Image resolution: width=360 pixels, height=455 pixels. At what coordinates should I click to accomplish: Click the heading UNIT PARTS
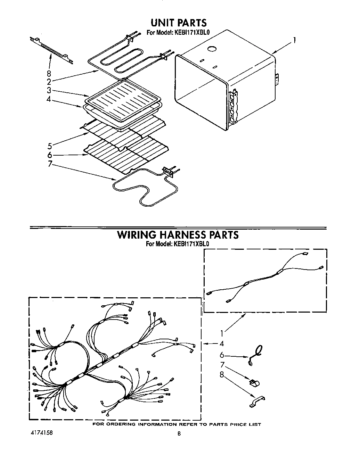click(x=178, y=23)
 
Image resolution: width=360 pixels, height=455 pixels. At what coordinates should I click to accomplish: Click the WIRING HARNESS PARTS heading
click(x=178, y=235)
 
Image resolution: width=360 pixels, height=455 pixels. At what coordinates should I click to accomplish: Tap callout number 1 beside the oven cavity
click(x=294, y=40)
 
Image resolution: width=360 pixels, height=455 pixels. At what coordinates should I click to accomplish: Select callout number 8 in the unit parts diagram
click(x=49, y=74)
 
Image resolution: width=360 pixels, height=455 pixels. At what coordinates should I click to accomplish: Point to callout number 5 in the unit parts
click(x=50, y=145)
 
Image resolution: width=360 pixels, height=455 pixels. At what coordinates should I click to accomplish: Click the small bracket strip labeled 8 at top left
click(x=52, y=50)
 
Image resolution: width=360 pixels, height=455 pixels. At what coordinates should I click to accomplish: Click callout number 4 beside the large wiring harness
click(x=221, y=344)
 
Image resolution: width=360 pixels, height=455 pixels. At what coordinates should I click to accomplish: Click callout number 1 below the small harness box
click(x=221, y=333)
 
